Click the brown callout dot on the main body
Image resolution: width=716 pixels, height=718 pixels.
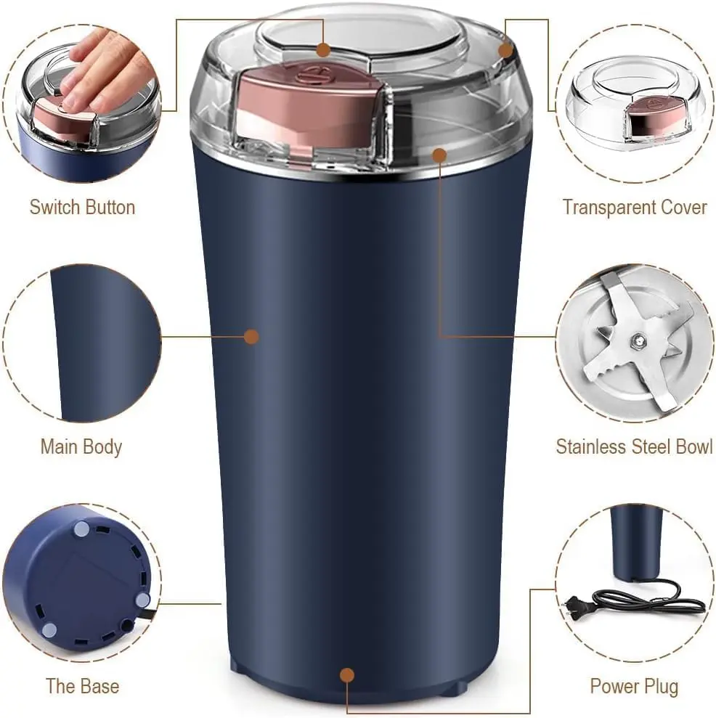[x=251, y=336]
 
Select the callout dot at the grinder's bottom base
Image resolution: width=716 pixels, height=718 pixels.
[x=347, y=675]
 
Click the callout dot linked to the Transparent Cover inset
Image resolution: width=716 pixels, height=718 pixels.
[x=506, y=49]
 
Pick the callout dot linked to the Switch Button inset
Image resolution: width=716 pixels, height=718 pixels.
[x=324, y=50]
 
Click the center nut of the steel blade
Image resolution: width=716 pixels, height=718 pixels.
[x=637, y=339]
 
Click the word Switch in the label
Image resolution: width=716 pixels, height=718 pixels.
[x=54, y=207]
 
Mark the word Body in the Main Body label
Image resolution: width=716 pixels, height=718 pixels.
[x=102, y=446]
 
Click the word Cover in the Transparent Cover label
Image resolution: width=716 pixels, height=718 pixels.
[x=680, y=207]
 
